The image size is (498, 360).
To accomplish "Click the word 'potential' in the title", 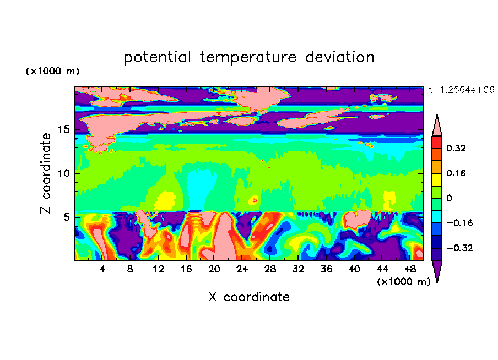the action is tap(157, 58).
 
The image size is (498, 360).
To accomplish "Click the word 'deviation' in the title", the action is tap(340, 57).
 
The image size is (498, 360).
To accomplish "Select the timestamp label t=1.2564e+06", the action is tap(461, 90).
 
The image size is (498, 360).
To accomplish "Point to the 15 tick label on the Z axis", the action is tap(63, 129).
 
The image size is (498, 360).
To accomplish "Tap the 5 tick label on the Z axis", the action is tap(66, 217).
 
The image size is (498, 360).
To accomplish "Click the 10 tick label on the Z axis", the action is tap(63, 173).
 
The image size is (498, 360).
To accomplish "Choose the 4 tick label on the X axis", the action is tap(102, 269).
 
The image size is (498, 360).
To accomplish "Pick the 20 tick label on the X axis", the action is tap(214, 269).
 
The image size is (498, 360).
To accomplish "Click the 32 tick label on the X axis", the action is tap(298, 269).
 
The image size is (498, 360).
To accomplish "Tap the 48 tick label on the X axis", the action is tap(410, 269).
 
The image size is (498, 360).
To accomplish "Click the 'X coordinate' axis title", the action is tap(249, 297).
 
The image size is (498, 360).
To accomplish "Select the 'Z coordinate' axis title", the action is tap(46, 173).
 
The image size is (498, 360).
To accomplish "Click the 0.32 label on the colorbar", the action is tap(456, 148).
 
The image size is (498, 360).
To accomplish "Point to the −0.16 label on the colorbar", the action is tap(459, 223).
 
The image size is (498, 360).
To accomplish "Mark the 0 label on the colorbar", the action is tap(449, 198).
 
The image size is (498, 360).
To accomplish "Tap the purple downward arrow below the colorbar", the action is tap(437, 270).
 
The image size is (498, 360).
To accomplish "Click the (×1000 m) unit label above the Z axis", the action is tap(52, 71).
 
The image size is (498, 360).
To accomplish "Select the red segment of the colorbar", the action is tap(437, 142).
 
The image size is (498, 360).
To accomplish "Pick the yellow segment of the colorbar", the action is tap(437, 179).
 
